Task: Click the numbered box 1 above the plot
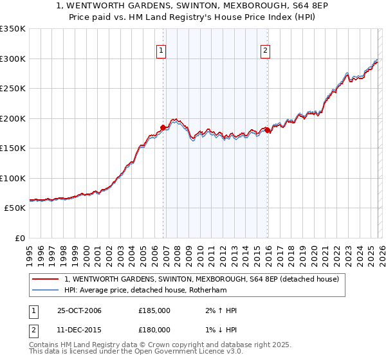[161, 53]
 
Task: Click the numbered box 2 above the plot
[265, 53]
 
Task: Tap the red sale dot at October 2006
[163, 127]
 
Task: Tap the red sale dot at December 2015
[268, 130]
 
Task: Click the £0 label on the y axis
[19, 238]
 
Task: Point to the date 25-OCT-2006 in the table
[79, 310]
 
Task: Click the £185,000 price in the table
[154, 310]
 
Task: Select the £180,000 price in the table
[154, 330]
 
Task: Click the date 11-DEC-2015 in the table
[79, 330]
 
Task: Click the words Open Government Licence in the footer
[184, 352]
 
